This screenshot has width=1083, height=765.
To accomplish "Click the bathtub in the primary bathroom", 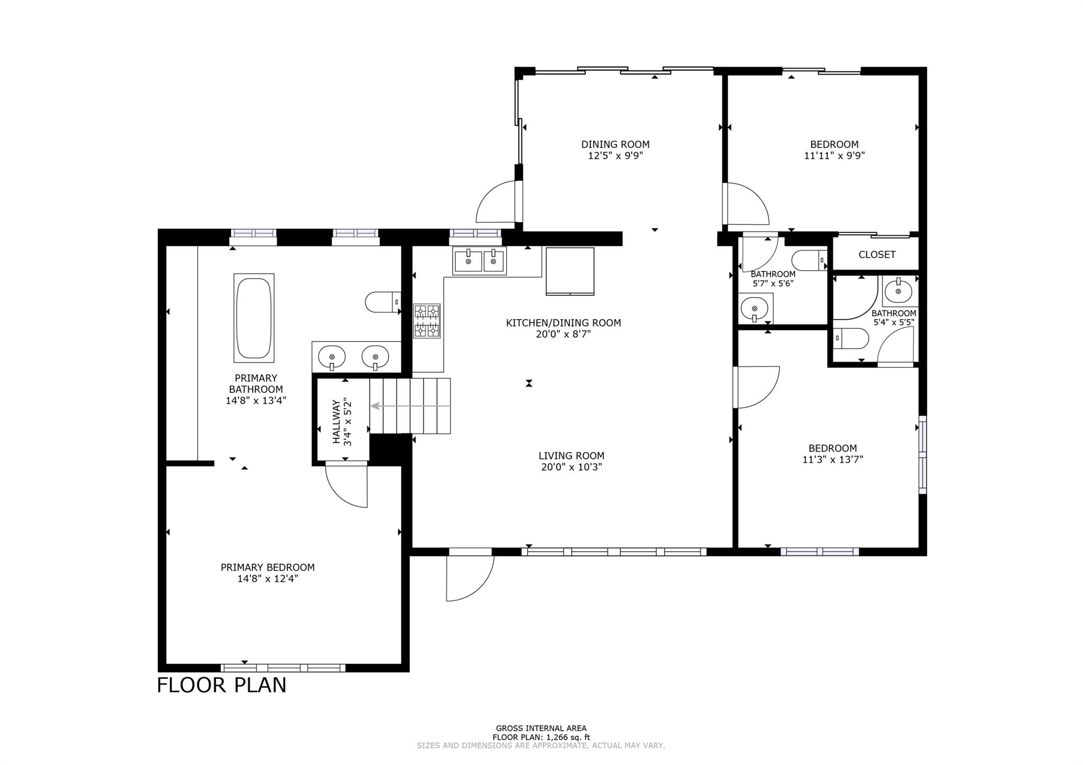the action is pyautogui.click(x=254, y=318).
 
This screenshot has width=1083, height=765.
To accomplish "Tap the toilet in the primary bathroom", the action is pyautogui.click(x=383, y=302).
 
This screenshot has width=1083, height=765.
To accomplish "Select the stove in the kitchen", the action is pyautogui.click(x=426, y=320).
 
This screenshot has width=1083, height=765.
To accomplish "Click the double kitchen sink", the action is pyautogui.click(x=479, y=261).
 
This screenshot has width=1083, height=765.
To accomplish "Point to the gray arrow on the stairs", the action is pyautogui.click(x=410, y=406).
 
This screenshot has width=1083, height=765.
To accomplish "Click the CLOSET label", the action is pyautogui.click(x=877, y=254).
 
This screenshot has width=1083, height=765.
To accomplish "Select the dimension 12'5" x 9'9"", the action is pyautogui.click(x=615, y=155).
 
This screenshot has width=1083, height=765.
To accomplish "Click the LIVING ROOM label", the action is pyautogui.click(x=571, y=455).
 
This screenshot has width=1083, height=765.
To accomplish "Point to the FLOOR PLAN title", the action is pyautogui.click(x=222, y=685).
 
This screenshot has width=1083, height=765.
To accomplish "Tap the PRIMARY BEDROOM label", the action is pyautogui.click(x=268, y=567).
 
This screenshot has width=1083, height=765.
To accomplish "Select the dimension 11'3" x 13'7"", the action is pyautogui.click(x=832, y=459).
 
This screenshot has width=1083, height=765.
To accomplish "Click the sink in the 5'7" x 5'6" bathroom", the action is pyautogui.click(x=755, y=308).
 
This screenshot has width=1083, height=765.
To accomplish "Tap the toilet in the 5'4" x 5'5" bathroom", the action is pyautogui.click(x=851, y=338).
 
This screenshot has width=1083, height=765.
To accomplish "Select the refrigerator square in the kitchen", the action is pyautogui.click(x=570, y=271).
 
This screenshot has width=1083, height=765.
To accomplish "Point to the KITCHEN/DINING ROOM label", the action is pyautogui.click(x=563, y=322).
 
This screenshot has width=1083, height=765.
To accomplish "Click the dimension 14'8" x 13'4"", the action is pyautogui.click(x=256, y=400).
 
